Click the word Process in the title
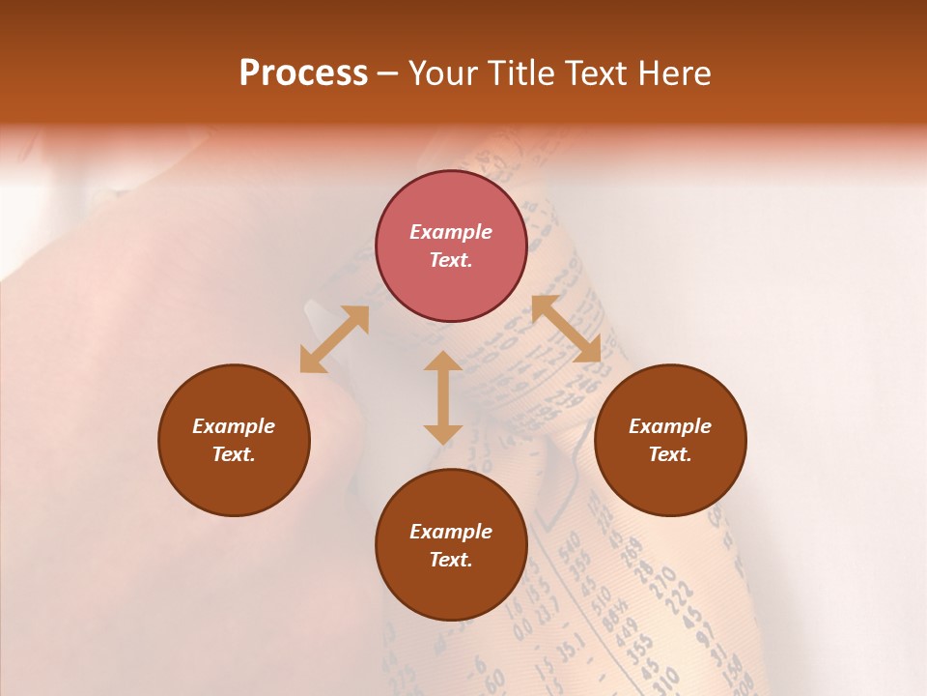303,73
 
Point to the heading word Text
590,73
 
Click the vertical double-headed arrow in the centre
443,398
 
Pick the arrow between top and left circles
334,339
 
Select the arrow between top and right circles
566,330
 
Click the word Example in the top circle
451,232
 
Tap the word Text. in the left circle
234,454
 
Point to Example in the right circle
670,426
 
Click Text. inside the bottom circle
451,560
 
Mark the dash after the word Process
387,73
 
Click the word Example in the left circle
234,426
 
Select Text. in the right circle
670,454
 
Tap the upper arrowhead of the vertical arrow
443,363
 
